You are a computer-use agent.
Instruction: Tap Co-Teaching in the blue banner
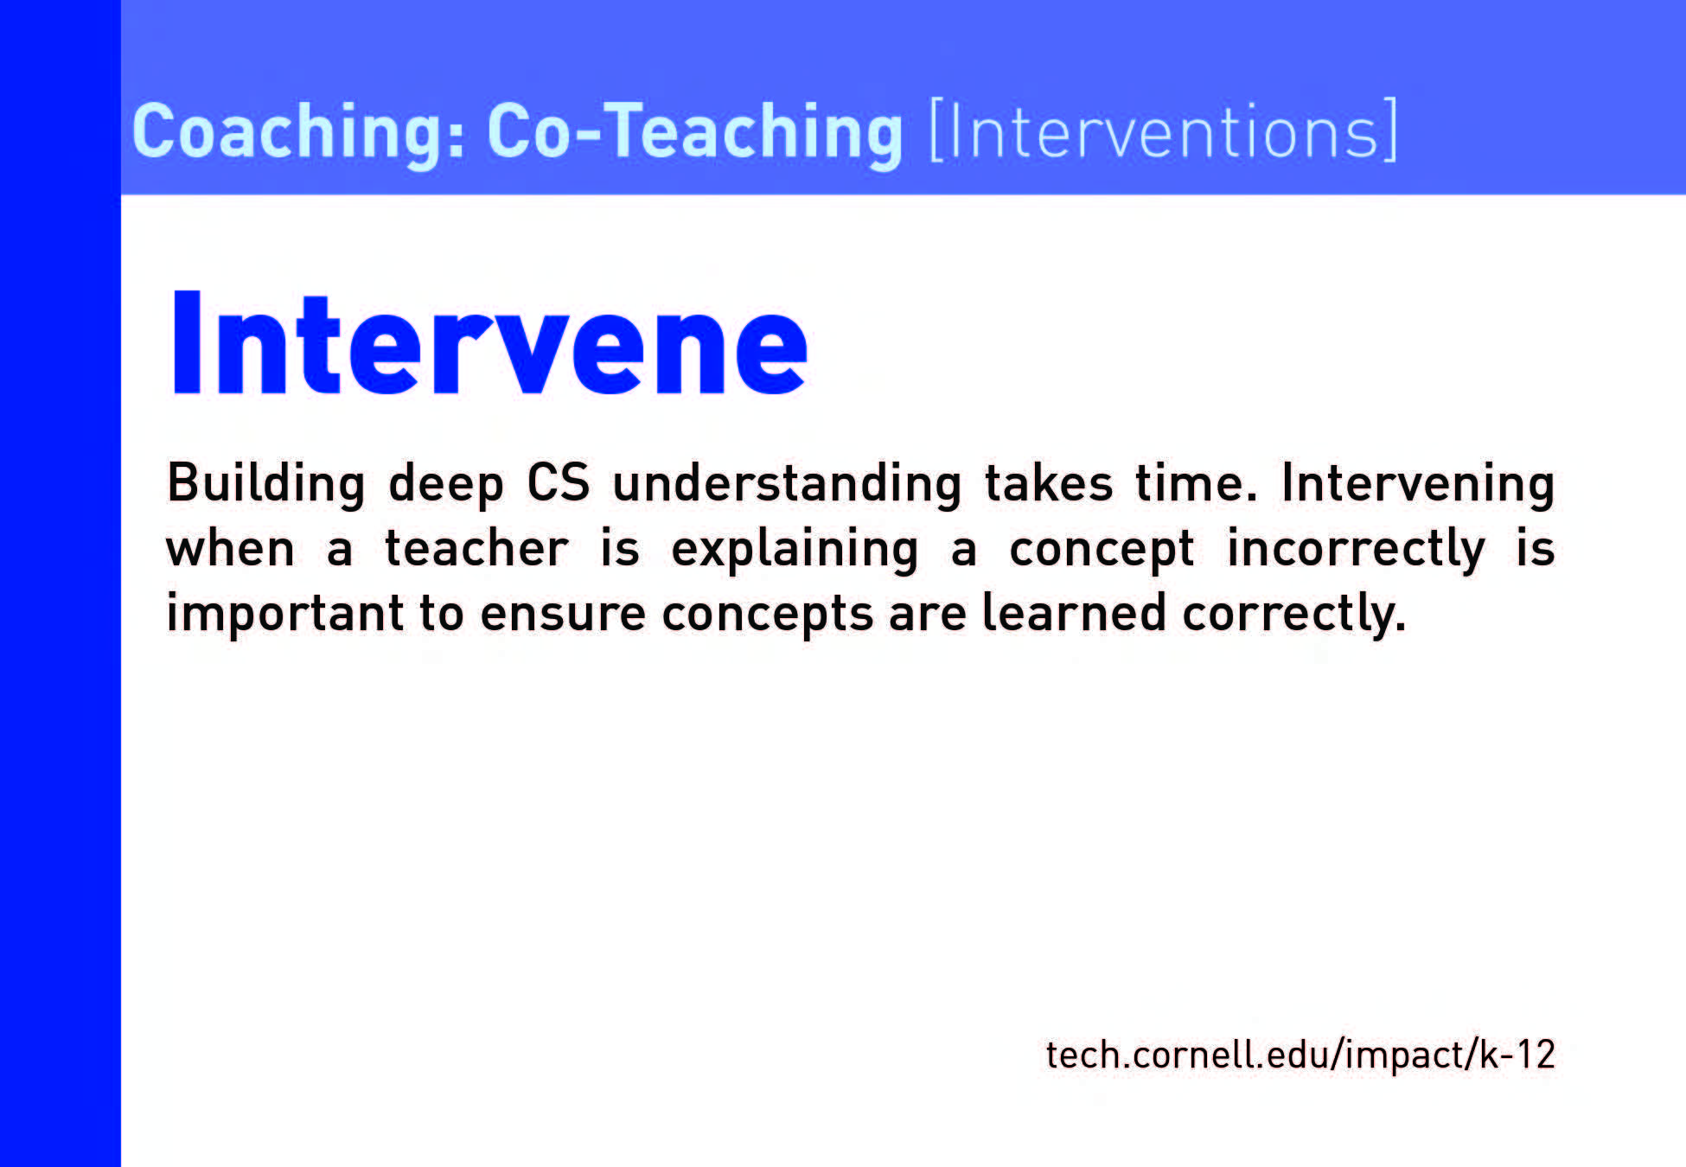coord(695,132)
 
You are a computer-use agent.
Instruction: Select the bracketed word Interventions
coord(1163,130)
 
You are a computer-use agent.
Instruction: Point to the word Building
coord(266,484)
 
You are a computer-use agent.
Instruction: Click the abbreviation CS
coord(559,482)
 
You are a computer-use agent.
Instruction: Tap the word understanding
coord(787,484)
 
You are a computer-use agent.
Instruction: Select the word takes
coord(1049,482)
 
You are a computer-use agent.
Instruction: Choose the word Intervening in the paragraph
coord(1418,484)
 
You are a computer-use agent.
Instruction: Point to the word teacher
coord(476,548)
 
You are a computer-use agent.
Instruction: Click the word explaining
coord(795,550)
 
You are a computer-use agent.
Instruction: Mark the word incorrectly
coord(1356,550)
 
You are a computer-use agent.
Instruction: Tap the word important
coord(285,615)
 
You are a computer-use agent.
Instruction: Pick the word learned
coord(1075,613)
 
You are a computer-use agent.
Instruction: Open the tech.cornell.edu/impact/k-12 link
coord(1300,1055)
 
